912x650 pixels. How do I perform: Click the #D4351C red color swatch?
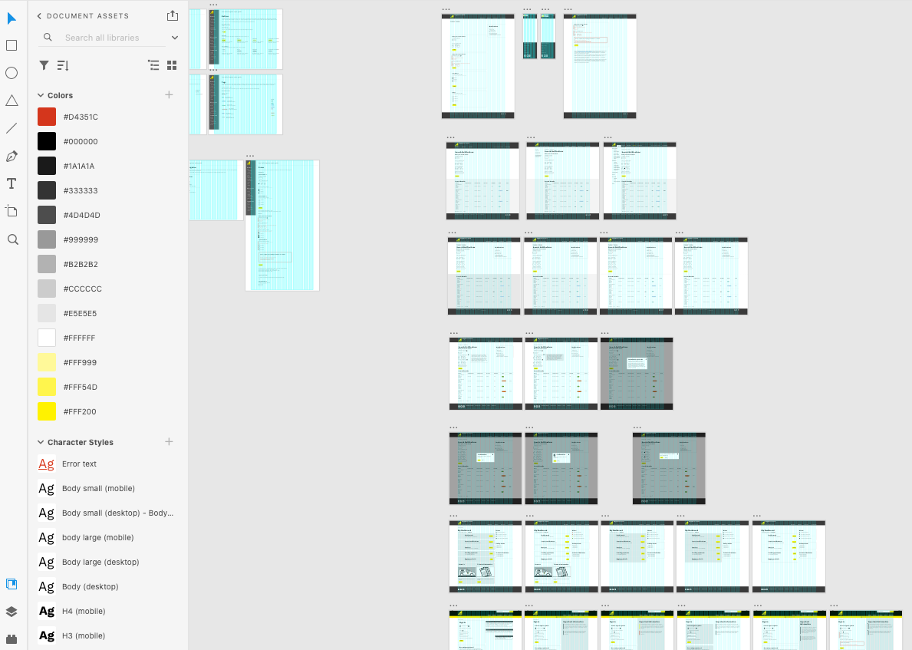pyautogui.click(x=47, y=117)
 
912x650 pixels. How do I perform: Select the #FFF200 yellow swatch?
pyautogui.click(x=47, y=411)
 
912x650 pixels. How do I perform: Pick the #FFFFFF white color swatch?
pyautogui.click(x=47, y=338)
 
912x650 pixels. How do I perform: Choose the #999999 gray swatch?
pyautogui.click(x=47, y=239)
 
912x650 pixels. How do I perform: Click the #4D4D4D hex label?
pyautogui.click(x=81, y=215)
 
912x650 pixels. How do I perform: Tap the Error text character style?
pyautogui.click(x=79, y=464)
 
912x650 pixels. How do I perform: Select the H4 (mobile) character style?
pyautogui.click(x=84, y=611)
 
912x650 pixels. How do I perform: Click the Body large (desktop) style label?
pyautogui.click(x=100, y=562)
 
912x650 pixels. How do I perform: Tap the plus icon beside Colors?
pyautogui.click(x=170, y=95)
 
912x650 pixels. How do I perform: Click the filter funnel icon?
pyautogui.click(x=44, y=66)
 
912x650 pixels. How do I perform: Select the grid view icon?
pyautogui.click(x=172, y=66)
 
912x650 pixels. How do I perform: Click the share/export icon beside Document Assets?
pyautogui.click(x=172, y=15)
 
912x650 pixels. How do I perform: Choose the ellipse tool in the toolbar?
pyautogui.click(x=12, y=73)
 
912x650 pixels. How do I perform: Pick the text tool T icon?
pyautogui.click(x=12, y=183)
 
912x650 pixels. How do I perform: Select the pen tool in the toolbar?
pyautogui.click(x=12, y=156)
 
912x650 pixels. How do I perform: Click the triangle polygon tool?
pyautogui.click(x=12, y=101)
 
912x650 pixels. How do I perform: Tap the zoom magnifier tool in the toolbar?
pyautogui.click(x=12, y=239)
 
